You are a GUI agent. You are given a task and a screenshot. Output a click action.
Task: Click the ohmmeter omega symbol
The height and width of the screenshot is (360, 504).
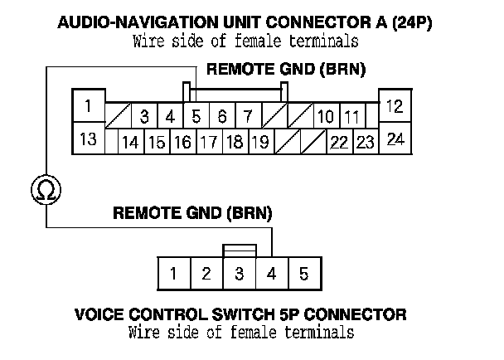click(42, 191)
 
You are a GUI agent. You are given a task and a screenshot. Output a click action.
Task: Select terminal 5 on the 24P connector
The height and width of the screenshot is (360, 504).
click(196, 116)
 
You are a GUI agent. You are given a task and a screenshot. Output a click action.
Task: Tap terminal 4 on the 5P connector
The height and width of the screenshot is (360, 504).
click(270, 273)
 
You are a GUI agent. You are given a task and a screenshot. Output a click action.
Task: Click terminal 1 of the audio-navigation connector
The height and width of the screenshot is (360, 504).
click(88, 107)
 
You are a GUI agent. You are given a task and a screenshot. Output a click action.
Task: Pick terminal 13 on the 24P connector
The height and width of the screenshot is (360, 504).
click(88, 139)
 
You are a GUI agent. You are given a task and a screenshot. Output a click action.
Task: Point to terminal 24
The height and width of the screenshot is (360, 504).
click(396, 139)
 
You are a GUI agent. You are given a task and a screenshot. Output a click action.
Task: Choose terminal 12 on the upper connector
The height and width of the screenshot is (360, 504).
click(395, 107)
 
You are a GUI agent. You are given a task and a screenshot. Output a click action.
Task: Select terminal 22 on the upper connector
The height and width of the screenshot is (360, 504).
click(338, 142)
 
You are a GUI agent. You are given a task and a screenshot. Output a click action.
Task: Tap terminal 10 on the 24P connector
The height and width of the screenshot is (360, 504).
click(325, 116)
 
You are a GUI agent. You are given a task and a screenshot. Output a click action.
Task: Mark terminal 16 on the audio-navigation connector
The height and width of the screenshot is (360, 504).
click(182, 142)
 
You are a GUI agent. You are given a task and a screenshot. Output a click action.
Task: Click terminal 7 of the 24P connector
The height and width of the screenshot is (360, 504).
click(248, 116)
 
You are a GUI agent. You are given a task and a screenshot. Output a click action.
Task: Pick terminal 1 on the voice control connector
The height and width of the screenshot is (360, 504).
click(173, 273)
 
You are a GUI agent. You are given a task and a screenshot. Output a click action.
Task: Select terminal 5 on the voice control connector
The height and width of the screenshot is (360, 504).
click(303, 273)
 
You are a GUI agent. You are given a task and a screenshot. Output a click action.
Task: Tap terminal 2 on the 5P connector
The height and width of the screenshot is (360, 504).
click(206, 273)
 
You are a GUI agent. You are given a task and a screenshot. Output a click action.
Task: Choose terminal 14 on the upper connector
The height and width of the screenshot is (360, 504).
click(130, 142)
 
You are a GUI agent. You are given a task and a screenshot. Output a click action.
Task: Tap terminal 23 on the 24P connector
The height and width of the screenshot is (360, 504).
click(365, 142)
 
